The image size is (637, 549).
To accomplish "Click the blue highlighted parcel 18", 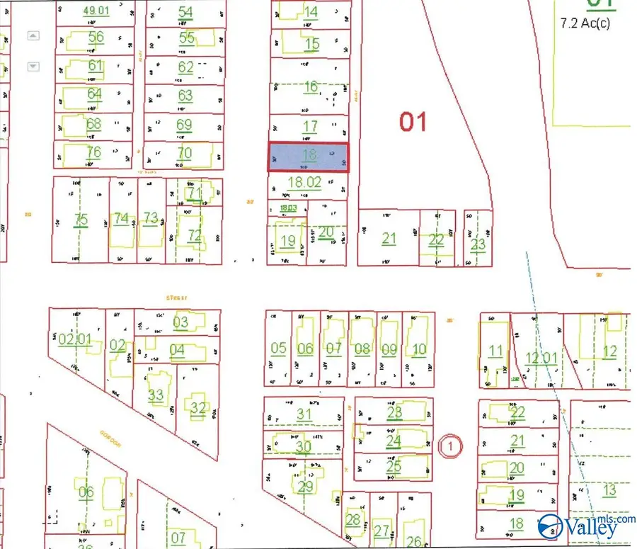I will pos(308,157).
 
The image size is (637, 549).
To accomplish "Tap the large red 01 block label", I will pos(413,121).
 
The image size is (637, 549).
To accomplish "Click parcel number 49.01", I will pos(97,11).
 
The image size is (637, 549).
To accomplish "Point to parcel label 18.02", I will pos(305,182).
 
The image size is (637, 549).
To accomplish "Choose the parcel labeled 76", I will pos(93,152).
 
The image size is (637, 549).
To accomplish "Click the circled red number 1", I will pos(451,446).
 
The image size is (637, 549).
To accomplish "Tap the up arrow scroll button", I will pos(33,36).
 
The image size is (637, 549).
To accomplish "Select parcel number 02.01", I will pos(75,340).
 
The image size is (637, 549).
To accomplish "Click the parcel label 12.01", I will pos(541,358).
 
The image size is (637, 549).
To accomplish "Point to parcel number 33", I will pos(156,395).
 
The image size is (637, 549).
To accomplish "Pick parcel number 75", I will pos(81,220).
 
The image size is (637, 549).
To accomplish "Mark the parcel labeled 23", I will pos(478,244).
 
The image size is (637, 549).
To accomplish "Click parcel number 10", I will pos(419,348).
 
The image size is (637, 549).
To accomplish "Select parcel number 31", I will pos(304,414).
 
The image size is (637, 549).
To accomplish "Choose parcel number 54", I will pos(185,12).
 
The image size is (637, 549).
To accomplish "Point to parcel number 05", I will pos(278,348).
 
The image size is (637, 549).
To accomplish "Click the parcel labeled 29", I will pos(306,487).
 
